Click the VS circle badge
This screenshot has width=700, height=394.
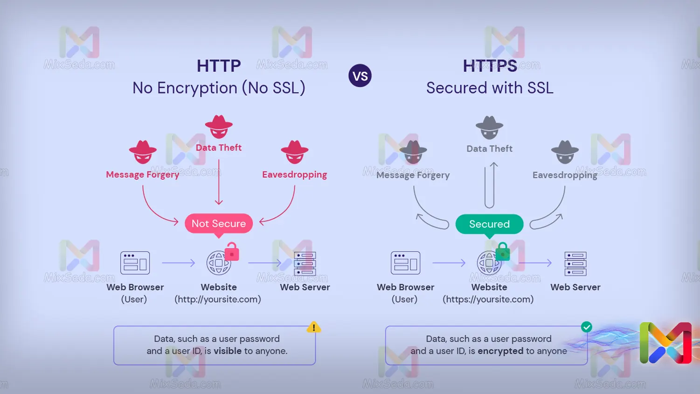click(360, 76)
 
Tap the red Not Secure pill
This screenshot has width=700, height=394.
click(219, 224)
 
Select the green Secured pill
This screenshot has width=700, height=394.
click(489, 224)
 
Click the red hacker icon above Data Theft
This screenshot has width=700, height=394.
click(219, 127)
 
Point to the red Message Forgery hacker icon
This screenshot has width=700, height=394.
click(143, 152)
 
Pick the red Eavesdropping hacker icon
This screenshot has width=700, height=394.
click(294, 152)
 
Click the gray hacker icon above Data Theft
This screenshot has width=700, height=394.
click(489, 127)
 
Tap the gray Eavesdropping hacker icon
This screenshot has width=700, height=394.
click(565, 152)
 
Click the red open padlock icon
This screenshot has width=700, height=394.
click(232, 252)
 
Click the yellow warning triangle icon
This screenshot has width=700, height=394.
click(314, 327)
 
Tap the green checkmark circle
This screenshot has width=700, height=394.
click(587, 327)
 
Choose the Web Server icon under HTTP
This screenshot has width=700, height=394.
click(305, 264)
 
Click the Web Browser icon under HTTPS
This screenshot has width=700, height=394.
click(405, 263)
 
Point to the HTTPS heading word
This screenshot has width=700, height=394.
click(490, 66)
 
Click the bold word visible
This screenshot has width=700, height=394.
click(228, 351)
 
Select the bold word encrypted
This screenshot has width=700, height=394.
click(500, 351)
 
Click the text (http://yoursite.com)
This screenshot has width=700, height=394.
click(218, 299)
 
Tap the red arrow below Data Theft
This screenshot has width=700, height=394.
click(219, 182)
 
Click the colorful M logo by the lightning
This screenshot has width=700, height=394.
click(665, 343)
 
